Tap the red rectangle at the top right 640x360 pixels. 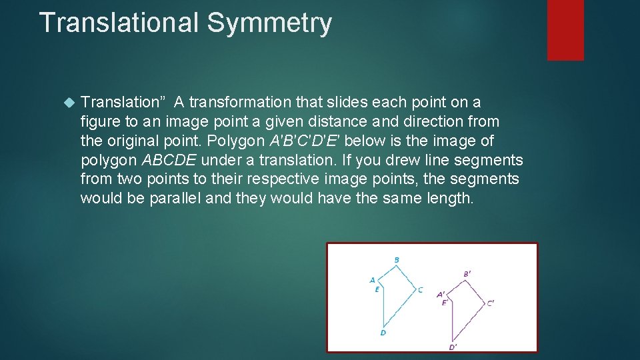tap(565, 30)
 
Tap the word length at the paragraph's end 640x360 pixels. tap(447, 199)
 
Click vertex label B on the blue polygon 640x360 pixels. tap(397, 260)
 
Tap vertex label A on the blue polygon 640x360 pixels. tap(372, 280)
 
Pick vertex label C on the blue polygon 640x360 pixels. tap(420, 290)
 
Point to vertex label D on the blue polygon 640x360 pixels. tap(383, 333)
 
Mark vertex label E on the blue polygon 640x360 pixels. tap(377, 289)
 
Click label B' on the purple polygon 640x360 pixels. tap(467, 274)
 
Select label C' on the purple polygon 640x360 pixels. tap(490, 303)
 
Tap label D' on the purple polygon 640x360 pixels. tap(453, 347)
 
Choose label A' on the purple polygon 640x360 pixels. tap(441, 294)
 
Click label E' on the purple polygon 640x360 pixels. tap(445, 303)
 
